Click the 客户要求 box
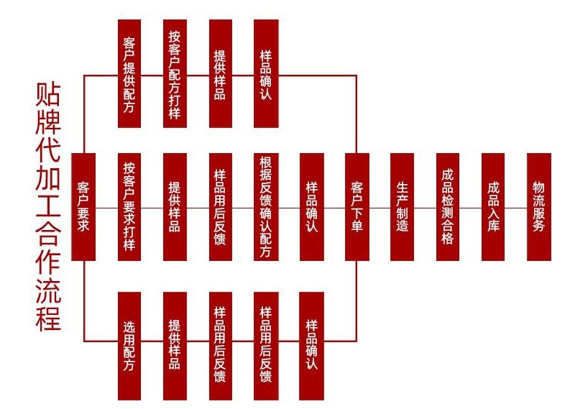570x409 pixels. pyautogui.click(x=84, y=207)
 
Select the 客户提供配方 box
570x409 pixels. pyautogui.click(x=129, y=73)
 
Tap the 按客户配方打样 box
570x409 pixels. pyautogui.click(x=175, y=73)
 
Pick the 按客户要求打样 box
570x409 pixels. pyautogui.click(x=129, y=207)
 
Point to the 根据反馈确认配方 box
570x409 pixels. pyautogui.click(x=265, y=207)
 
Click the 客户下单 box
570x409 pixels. pyautogui.click(x=357, y=207)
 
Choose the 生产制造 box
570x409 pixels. pyautogui.click(x=403, y=207)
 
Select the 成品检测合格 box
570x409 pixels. pyautogui.click(x=448, y=207)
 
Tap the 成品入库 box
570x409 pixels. pyautogui.click(x=493, y=207)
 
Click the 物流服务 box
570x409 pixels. pyautogui.click(x=538, y=207)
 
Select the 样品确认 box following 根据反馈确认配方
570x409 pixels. pyautogui.click(x=311, y=207)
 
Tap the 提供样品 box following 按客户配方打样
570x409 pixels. pyautogui.click(x=220, y=73)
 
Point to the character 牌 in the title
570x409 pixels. pyautogui.click(x=48, y=126)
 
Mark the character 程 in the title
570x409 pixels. pyautogui.click(x=48, y=318)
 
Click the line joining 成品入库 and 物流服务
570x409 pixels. pyautogui.click(x=515, y=208)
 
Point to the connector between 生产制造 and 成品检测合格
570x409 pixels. pyautogui.click(x=425, y=208)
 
